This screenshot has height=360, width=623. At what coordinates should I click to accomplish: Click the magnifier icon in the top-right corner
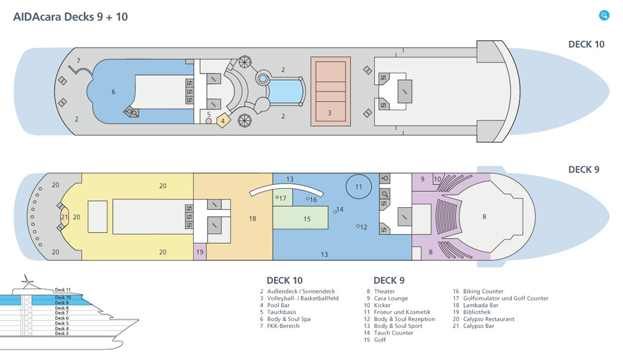(604, 15)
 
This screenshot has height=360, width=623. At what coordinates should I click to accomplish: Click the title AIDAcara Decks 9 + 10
(70, 17)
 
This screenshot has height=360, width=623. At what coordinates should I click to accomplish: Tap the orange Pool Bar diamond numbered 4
(222, 120)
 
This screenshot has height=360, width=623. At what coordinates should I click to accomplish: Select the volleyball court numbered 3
(330, 91)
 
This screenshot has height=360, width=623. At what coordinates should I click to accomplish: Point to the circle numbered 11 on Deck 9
(358, 187)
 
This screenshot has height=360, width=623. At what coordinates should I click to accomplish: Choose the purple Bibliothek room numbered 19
(200, 252)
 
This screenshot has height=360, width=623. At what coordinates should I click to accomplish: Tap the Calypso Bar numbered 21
(64, 217)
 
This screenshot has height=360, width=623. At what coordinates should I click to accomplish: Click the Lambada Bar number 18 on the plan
(252, 219)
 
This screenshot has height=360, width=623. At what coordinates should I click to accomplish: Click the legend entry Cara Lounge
(392, 298)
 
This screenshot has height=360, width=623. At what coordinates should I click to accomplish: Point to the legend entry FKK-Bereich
(284, 326)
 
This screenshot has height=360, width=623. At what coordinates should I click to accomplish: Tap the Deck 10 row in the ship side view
(63, 297)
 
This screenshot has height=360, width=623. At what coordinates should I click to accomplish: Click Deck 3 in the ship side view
(61, 333)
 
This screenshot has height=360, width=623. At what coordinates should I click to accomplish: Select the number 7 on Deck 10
(79, 61)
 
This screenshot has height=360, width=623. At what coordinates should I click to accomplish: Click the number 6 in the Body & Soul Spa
(114, 92)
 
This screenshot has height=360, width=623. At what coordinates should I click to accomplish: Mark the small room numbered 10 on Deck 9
(437, 179)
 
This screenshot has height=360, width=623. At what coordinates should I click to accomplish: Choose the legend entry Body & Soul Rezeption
(405, 319)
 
